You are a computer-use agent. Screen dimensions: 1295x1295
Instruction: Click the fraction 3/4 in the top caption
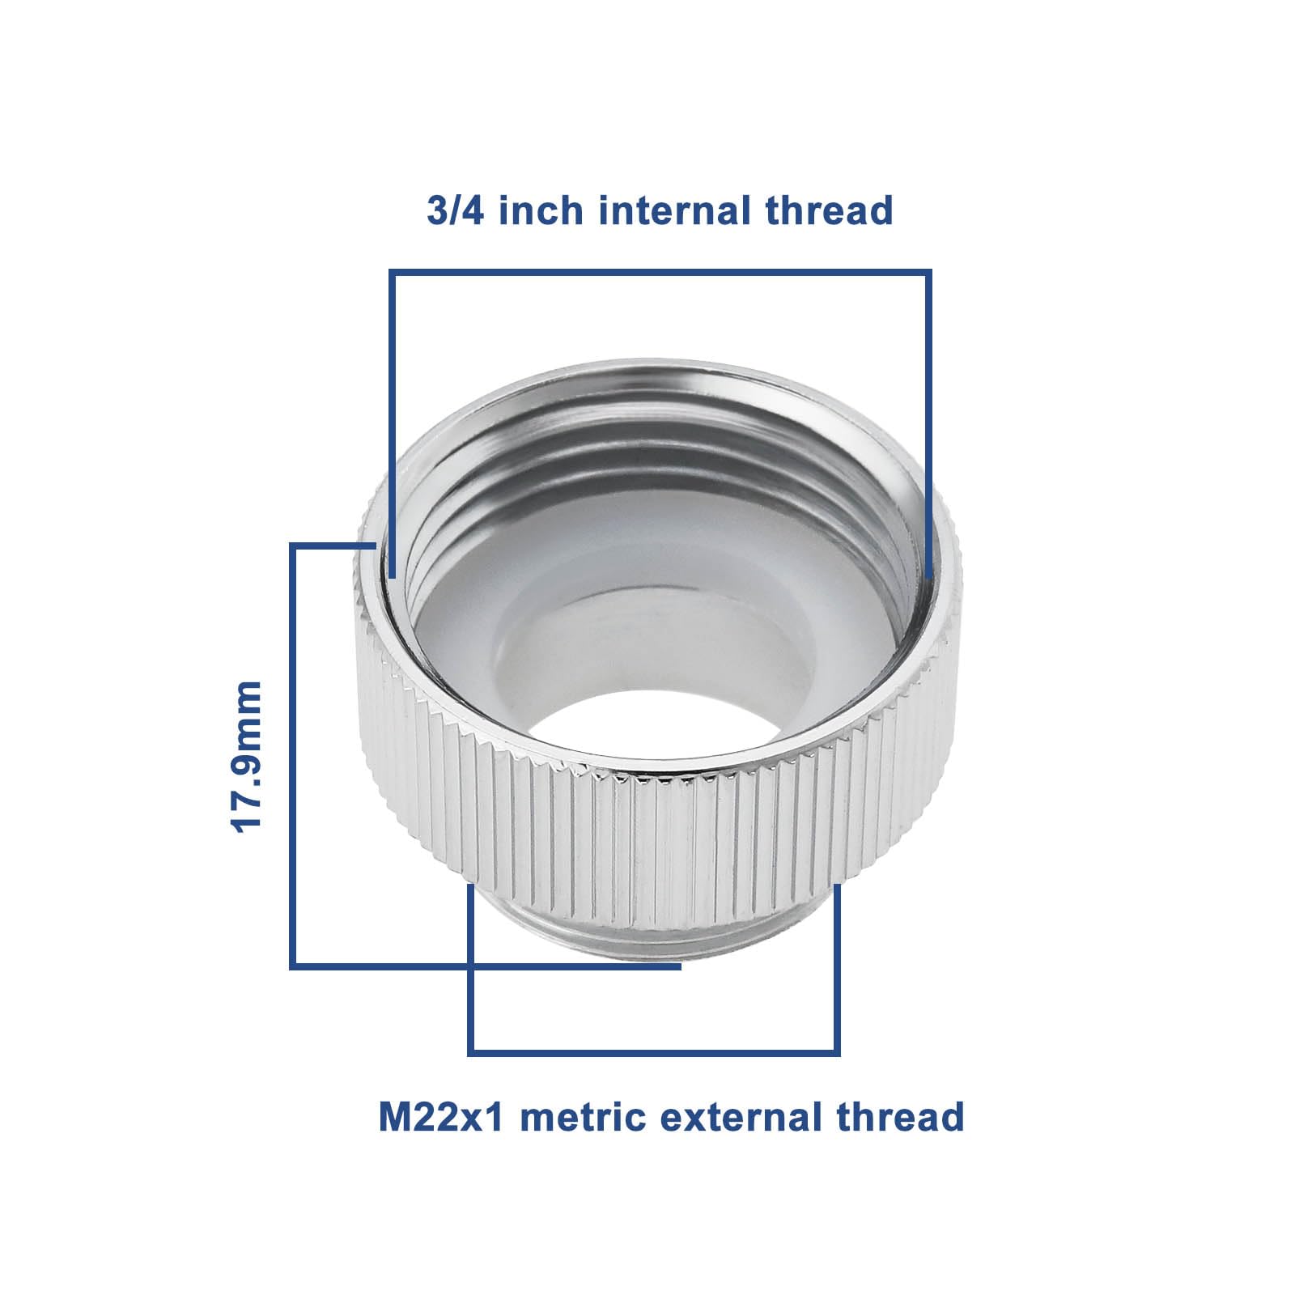point(456,210)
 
